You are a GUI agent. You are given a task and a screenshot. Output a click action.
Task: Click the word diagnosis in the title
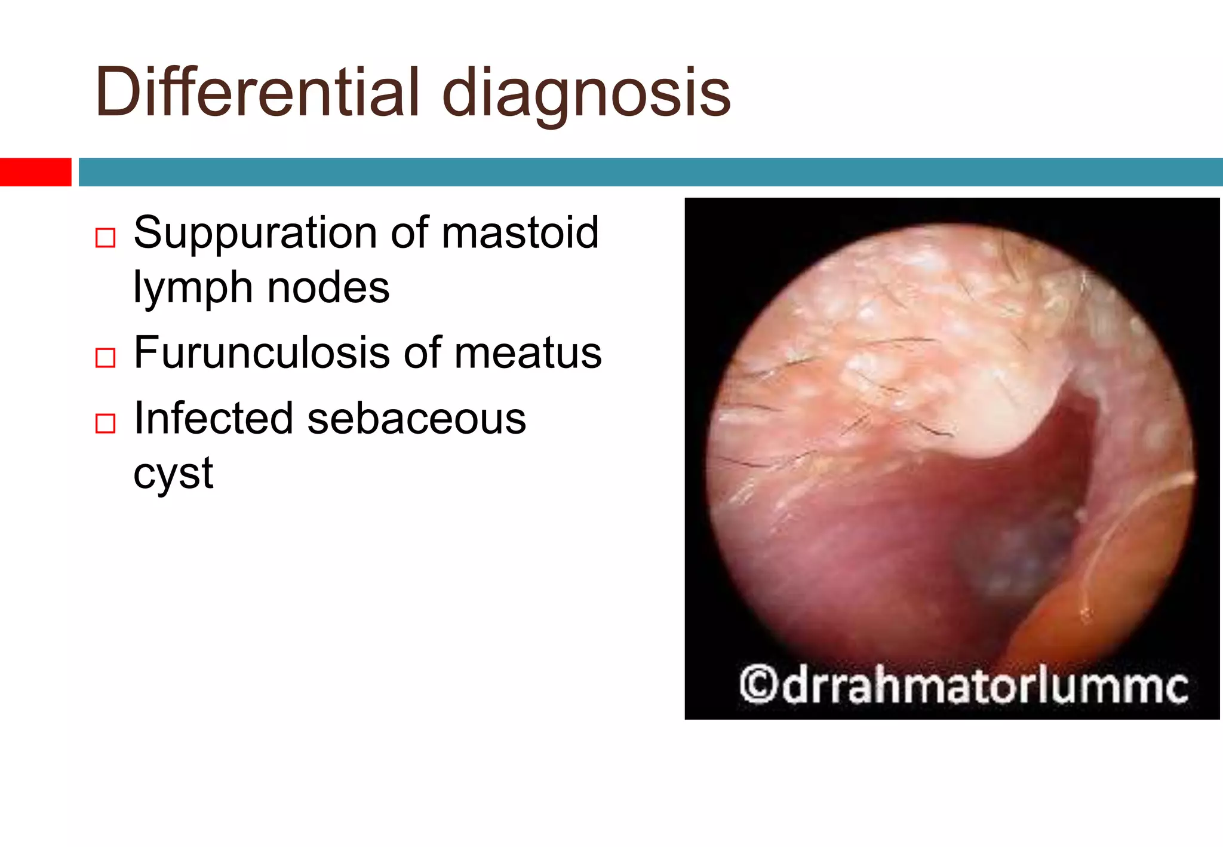point(586,96)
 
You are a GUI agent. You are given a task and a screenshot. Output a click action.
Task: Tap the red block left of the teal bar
point(35,172)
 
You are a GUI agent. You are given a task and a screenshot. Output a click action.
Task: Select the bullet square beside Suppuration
point(106,238)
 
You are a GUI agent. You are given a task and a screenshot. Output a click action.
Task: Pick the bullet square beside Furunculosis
point(106,358)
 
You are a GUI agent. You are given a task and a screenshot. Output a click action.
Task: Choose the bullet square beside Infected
point(106,423)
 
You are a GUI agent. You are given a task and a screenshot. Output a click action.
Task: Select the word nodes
point(328,288)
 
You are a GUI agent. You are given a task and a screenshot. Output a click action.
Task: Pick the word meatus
point(528,354)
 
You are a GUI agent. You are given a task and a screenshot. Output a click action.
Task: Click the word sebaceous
point(416,419)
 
